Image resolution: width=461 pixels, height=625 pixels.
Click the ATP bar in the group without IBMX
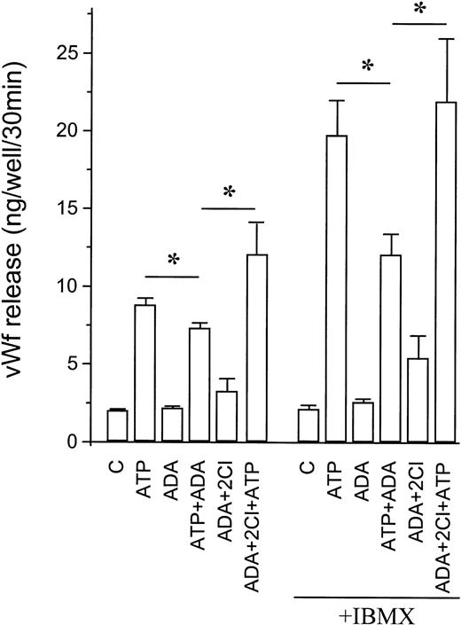145,373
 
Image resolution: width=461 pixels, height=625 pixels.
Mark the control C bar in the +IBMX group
309,426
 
